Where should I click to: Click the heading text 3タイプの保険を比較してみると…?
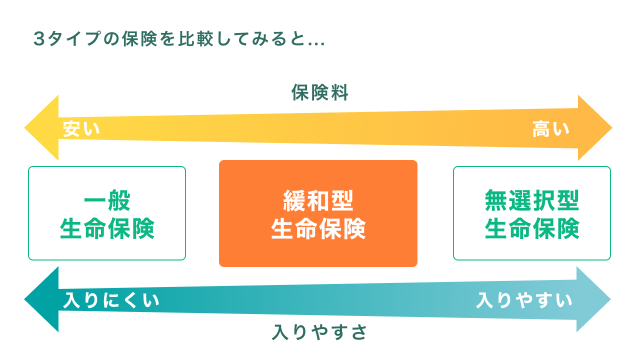tap(179, 39)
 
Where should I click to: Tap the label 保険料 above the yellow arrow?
tap(319, 93)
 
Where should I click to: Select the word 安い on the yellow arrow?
tap(81, 129)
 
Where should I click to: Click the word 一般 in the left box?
tap(107, 201)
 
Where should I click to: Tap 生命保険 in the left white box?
tap(107, 229)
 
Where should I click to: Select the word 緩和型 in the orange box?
tap(318, 201)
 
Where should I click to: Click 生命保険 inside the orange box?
tap(318, 229)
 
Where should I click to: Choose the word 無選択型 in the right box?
tap(532, 201)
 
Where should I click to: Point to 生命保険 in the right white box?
tap(532, 229)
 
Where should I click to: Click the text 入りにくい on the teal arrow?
tap(111, 301)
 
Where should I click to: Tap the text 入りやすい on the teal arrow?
tap(524, 301)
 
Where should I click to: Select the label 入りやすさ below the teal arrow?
tap(319, 332)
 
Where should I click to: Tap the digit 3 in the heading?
tap(38, 39)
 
